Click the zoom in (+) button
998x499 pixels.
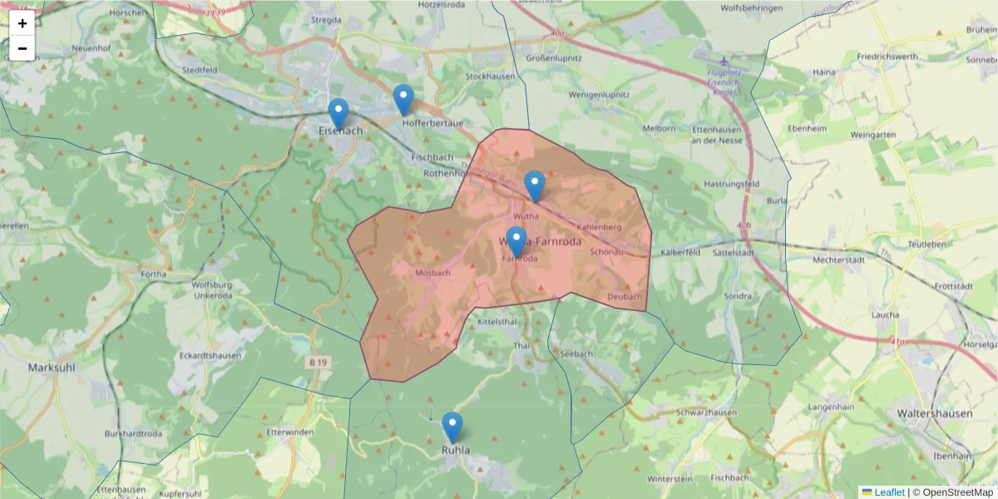pyautogui.click(x=22, y=23)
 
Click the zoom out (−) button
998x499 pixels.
pyautogui.click(x=22, y=48)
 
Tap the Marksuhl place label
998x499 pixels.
pyautogui.click(x=52, y=367)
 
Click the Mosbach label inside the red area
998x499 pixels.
pyautogui.click(x=432, y=273)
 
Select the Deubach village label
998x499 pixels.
pyautogui.click(x=625, y=297)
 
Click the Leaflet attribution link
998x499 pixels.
pyautogui.click(x=889, y=492)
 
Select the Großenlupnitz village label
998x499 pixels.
pyautogui.click(x=553, y=58)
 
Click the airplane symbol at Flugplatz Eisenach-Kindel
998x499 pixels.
pyautogui.click(x=724, y=62)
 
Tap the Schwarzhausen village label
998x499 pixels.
pyautogui.click(x=706, y=413)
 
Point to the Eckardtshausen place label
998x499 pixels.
pyautogui.click(x=210, y=356)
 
